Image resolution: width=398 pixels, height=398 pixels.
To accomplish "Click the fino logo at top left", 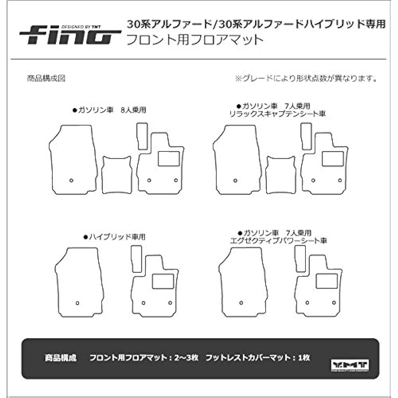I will tap(70, 34).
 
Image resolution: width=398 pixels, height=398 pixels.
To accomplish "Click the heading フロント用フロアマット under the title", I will tap(195, 40).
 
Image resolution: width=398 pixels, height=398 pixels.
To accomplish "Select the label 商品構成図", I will tap(46, 78).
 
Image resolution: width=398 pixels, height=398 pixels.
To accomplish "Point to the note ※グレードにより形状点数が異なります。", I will tap(306, 78).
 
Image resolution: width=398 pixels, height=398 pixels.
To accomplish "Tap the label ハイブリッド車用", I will tap(114, 237).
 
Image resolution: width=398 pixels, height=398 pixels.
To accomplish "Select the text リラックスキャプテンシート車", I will tap(277, 114).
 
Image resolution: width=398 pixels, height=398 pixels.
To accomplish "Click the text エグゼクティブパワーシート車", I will tap(279, 240).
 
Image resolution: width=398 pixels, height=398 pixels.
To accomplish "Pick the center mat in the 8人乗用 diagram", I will tap(116, 174).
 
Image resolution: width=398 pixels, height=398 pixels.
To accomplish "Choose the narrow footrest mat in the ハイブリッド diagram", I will tap(137, 259).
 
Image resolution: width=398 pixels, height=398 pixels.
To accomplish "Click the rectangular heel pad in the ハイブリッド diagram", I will tap(163, 281).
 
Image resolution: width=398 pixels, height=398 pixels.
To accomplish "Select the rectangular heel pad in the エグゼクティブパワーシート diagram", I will tap(327, 281).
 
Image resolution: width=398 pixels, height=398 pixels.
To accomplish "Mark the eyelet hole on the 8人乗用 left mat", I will tap(71, 180).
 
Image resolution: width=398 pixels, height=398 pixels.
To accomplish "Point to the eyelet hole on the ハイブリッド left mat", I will tap(77, 303).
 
